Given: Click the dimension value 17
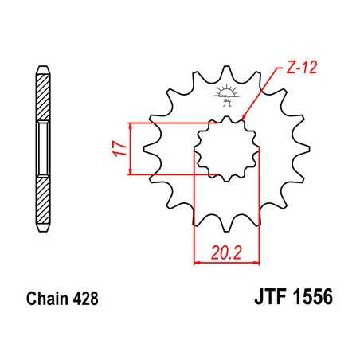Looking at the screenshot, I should pyautogui.click(x=119, y=148).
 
